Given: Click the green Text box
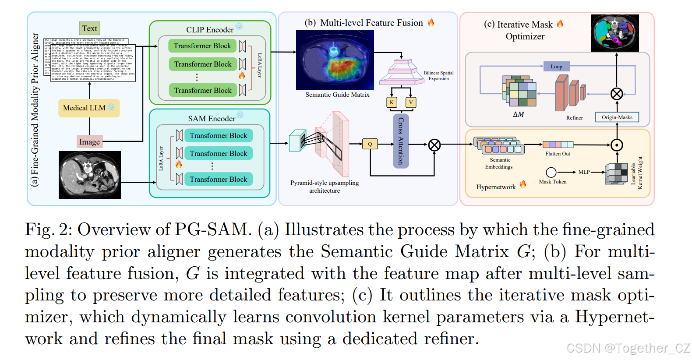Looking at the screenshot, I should pos(89,28).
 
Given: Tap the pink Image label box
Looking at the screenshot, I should pos(89,141).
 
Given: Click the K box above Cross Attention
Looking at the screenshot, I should pos(392,102).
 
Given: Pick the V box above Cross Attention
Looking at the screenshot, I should pos(411,102).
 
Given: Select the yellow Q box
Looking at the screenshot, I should pos(370,144).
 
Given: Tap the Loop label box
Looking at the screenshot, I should pos(556,67).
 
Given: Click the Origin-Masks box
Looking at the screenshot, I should pos(617,117).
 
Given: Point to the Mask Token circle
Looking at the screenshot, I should pos(551,172).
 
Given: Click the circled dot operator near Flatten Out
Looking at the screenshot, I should pos(617,145).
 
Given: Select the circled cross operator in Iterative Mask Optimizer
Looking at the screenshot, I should pos(617,94).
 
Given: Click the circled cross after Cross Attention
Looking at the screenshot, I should pos(434,145).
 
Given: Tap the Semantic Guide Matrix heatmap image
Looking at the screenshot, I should pos(335,60).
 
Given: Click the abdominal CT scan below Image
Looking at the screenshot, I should pos(90,175).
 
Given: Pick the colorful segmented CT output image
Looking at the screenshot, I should pos(614,33).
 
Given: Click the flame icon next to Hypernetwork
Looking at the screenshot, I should pos(523,184).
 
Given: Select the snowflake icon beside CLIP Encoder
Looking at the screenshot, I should pos(239,27).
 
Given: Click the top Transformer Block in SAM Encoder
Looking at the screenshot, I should pos(218,135).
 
